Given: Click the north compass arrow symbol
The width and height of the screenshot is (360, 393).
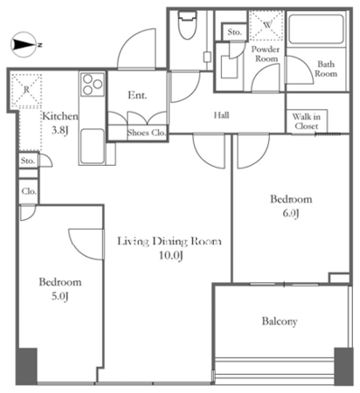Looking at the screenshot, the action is coord(24,44).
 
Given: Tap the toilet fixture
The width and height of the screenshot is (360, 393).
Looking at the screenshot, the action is coord(187,24).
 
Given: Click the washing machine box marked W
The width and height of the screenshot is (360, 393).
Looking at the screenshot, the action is coord(267,25).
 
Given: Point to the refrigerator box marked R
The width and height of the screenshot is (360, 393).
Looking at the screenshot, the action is coord(26,90).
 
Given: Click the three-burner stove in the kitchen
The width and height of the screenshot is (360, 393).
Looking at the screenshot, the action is coord(92,84).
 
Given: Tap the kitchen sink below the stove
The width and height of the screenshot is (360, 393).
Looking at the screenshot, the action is coord(92,146).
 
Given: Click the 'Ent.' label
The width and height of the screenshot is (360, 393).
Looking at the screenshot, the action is coord(137,96).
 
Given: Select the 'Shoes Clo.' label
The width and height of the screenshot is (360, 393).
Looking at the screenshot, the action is coord(146,133).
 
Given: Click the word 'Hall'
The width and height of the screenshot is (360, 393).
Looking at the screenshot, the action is coord(221,115).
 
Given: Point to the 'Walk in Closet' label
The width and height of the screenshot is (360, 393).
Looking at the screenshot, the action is coord(306,121).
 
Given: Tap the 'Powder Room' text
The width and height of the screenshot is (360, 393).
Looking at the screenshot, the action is coord(265,54).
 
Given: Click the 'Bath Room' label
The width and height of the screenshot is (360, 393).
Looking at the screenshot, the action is coord(326,69).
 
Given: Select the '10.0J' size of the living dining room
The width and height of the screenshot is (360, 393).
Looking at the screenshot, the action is coord(171,256).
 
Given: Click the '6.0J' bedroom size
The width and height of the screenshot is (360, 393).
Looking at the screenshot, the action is coord(291,214).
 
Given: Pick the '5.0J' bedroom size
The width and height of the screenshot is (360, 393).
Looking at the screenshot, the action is coord(60,297).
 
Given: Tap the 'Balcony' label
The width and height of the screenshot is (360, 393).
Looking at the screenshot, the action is coord(280,322).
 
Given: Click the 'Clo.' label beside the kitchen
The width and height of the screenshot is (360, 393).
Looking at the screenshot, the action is coord(29,191).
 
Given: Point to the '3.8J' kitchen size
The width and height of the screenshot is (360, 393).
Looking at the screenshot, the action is coord(60,131).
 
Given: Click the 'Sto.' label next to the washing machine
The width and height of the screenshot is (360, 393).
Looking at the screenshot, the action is coord(235,32).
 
